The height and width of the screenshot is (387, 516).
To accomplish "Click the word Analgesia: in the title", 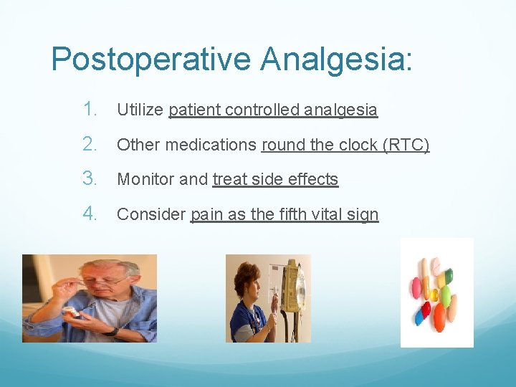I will click(x=336, y=59).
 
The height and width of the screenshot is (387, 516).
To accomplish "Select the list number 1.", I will click(x=90, y=110).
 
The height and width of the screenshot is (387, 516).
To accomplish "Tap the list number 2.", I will click(x=90, y=144).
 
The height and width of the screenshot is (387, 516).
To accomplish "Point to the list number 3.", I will click(x=90, y=178).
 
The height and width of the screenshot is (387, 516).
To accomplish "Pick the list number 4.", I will click(x=90, y=213).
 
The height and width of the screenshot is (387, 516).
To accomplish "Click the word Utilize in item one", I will click(x=140, y=110).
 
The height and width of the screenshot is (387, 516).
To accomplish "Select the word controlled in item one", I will click(x=262, y=110).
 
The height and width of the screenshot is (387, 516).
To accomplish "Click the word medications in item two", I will click(x=212, y=145).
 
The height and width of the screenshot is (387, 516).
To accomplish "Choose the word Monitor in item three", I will click(x=145, y=179).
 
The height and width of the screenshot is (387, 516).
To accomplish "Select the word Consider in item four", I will click(x=150, y=214).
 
